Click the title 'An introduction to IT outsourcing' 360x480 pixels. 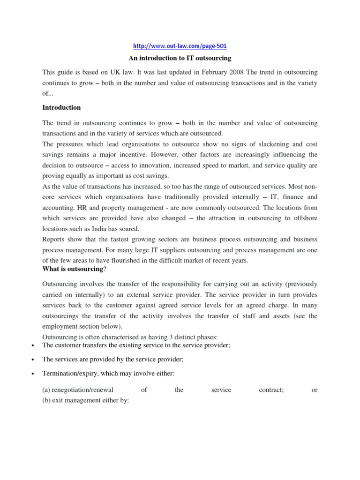point(180,59)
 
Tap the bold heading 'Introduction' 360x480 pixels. point(61,107)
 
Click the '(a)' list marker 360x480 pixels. point(47,390)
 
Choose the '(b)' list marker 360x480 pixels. point(47,400)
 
